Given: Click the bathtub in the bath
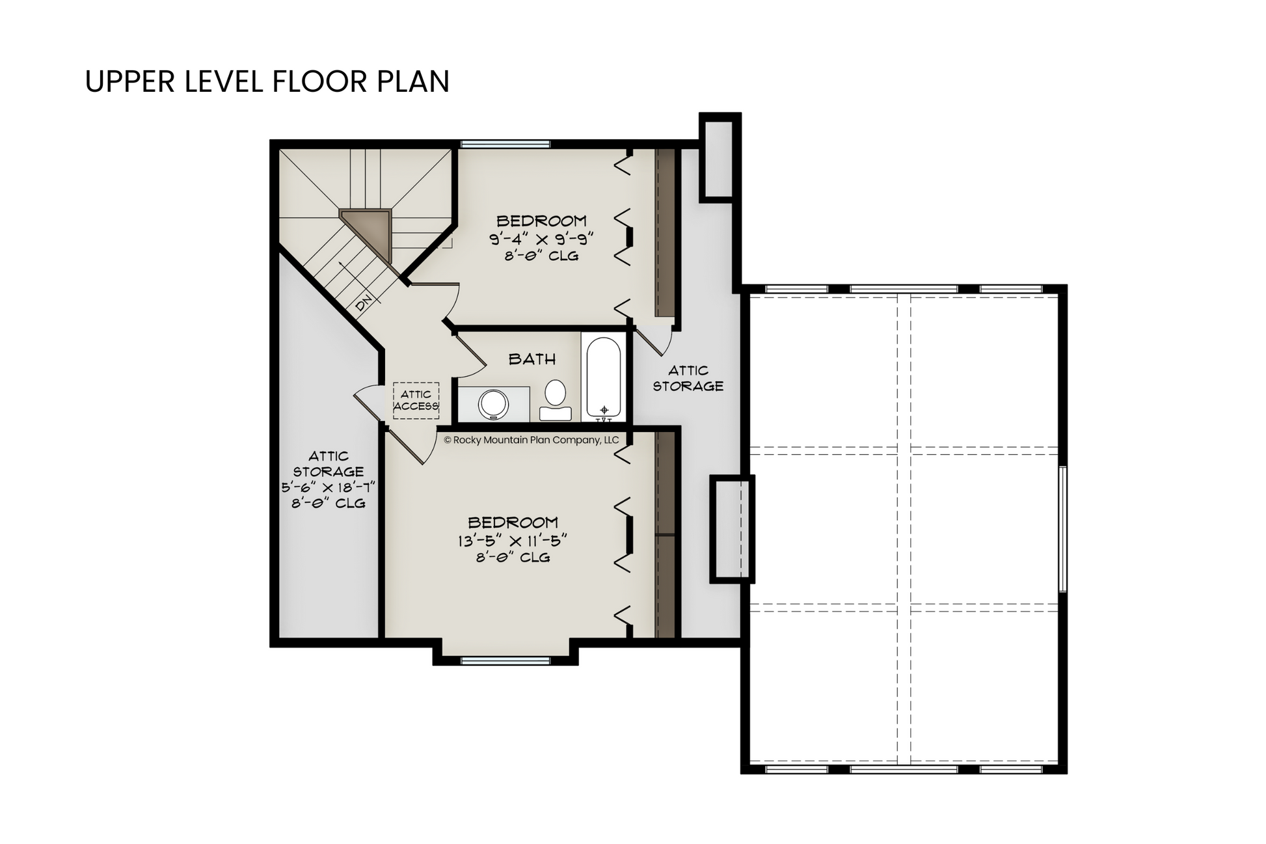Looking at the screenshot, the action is [604, 377].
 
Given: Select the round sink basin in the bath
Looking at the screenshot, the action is [494, 404].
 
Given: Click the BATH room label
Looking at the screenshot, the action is [532, 359].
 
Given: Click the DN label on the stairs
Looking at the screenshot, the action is [364, 302].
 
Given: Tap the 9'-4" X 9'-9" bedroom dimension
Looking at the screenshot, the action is [541, 238].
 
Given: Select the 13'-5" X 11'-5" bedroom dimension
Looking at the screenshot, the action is [513, 540].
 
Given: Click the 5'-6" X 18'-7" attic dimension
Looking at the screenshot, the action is [329, 487].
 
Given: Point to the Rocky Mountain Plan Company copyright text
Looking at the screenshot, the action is [531, 440].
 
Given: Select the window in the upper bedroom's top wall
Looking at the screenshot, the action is [505, 144].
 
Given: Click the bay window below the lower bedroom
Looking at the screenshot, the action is [505, 661].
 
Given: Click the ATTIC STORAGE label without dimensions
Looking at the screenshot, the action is [688, 378].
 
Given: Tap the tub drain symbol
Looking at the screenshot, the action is [604, 410].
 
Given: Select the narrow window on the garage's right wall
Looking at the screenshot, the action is [1062, 528].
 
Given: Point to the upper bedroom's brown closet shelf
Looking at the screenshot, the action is [664, 233].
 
